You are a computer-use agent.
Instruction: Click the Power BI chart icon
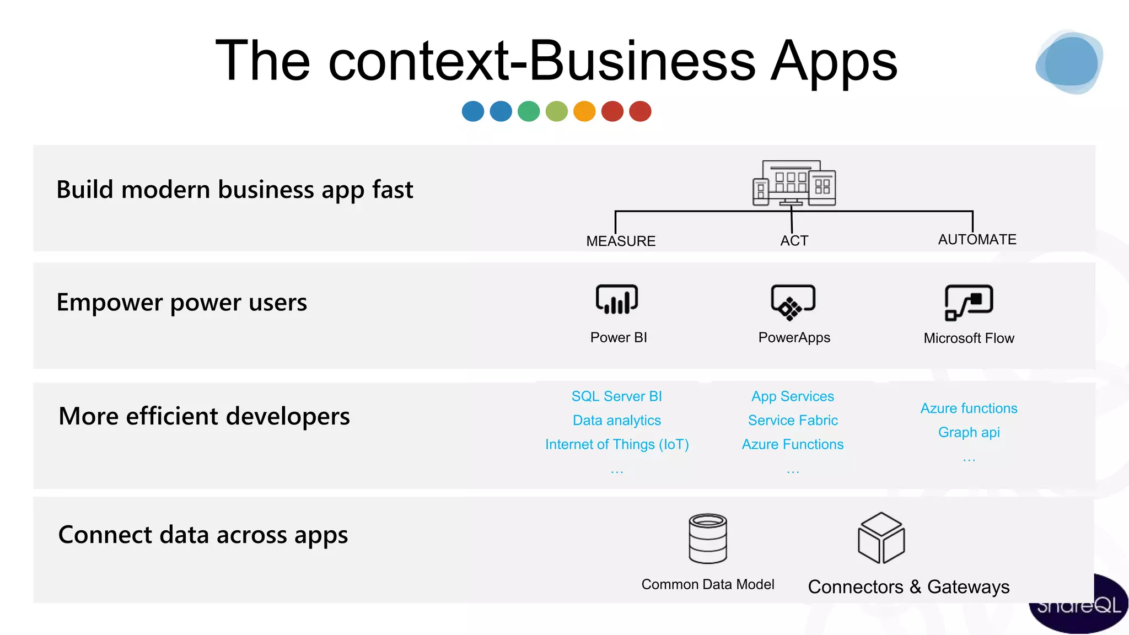coord(617,299)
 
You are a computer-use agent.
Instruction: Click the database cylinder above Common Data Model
coord(708,538)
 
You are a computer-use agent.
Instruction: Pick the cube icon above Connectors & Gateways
coord(881,537)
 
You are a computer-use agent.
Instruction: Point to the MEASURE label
coord(621,241)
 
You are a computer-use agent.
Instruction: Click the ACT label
coord(794,241)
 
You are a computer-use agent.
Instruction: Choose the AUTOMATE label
coord(977,239)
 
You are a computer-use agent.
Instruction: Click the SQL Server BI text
coord(616,396)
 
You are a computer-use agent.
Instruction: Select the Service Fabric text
coord(793,420)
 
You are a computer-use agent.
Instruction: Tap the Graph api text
coord(969,432)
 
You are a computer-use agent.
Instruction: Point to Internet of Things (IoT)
coord(617,444)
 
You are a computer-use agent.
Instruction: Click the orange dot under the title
coord(584,111)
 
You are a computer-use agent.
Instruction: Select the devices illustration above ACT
coord(794,183)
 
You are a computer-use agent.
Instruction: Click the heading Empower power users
coord(181,302)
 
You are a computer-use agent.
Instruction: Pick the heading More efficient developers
coord(204,416)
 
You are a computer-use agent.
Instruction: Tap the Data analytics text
coord(616,420)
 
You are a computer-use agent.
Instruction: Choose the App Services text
coord(793,396)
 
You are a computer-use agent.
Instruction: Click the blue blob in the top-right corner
coord(1069,62)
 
